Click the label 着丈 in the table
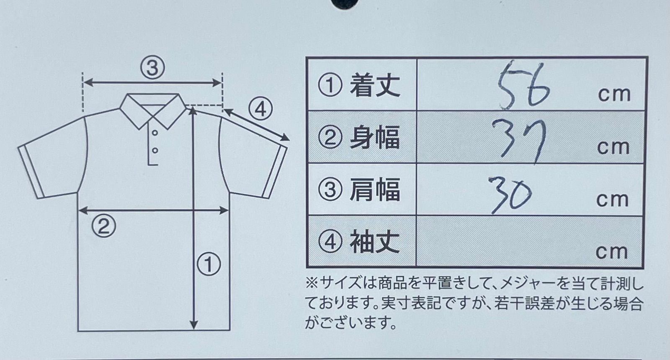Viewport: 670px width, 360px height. click(375, 85)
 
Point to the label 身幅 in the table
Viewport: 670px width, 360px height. click(375, 138)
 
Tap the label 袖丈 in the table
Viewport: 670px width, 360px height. click(375, 241)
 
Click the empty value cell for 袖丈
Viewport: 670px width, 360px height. click(529, 241)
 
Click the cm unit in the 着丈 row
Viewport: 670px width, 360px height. click(614, 95)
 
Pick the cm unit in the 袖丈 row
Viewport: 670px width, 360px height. click(611, 252)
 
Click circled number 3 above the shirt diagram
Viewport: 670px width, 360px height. click(152, 67)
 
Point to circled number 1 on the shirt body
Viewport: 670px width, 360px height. click(209, 264)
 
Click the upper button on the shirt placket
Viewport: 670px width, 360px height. click(155, 132)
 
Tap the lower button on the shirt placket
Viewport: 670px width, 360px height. click(155, 150)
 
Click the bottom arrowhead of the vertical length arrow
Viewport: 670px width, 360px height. click(194, 325)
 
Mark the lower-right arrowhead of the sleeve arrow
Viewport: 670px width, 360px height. click(285, 138)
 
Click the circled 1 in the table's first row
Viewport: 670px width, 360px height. click(330, 85)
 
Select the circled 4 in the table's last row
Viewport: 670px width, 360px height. click(330, 242)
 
